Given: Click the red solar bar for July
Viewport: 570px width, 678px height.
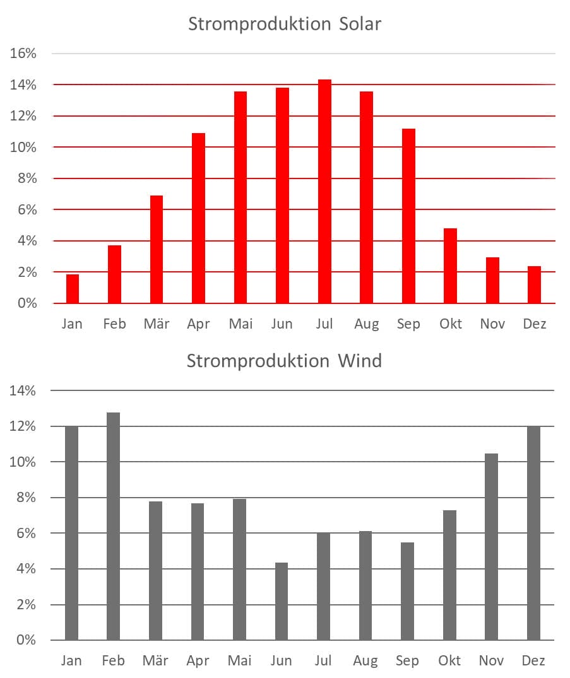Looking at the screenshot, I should [x=324, y=192].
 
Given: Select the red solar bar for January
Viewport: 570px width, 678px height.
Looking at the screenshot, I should [x=73, y=289].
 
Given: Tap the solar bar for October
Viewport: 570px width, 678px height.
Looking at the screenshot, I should [x=450, y=266].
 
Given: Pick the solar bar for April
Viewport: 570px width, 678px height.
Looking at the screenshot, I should [x=198, y=218].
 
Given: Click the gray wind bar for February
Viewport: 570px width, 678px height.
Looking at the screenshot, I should [x=114, y=526].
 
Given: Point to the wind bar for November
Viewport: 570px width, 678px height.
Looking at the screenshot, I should [x=492, y=547].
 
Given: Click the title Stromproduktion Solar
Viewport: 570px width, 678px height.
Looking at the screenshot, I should [x=285, y=25].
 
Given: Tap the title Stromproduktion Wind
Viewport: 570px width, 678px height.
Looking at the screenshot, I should [x=284, y=361].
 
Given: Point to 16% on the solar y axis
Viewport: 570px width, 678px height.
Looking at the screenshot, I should [x=23, y=54].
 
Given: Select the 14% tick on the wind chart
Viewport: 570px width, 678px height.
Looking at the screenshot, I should [x=23, y=391].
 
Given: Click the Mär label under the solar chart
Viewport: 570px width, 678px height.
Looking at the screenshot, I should [x=157, y=324].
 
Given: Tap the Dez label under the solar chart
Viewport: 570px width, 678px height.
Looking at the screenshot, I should [x=534, y=324].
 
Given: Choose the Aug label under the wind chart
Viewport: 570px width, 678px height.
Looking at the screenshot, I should [x=366, y=661].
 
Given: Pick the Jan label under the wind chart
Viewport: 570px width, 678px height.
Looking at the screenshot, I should [x=72, y=661].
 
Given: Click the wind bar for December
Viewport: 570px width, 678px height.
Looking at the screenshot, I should [x=534, y=533].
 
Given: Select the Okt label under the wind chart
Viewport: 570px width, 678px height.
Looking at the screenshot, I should [x=450, y=661].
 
